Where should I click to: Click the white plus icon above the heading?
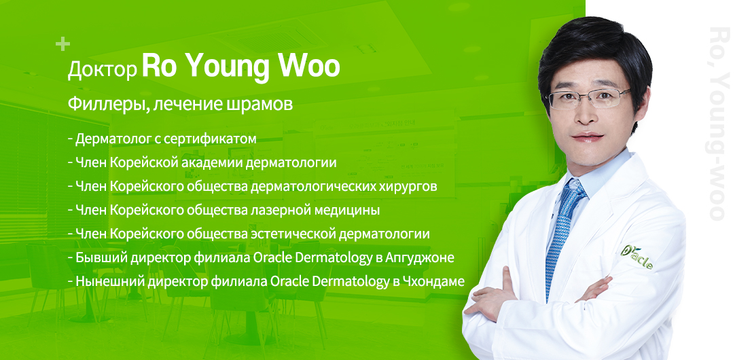(x=62, y=44)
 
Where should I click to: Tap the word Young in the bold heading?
(x=227, y=68)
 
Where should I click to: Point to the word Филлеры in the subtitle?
(x=105, y=103)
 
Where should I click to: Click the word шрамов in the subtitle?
(x=259, y=104)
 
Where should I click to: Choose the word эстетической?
(x=293, y=234)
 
